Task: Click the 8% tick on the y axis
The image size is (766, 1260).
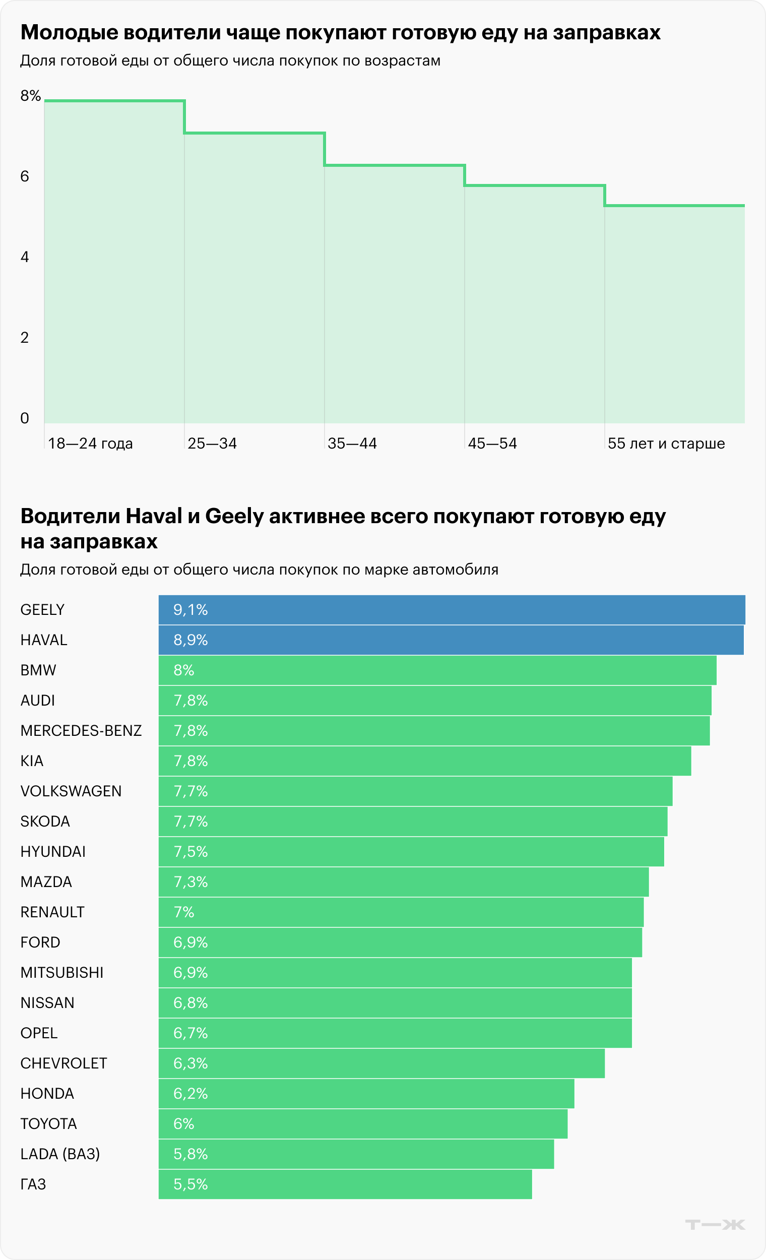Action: tap(30, 96)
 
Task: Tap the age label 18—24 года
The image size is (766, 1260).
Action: tap(90, 444)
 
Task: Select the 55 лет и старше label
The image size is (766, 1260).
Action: tap(666, 444)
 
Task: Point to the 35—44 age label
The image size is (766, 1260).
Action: tap(352, 444)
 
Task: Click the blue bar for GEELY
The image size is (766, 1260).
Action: tap(452, 609)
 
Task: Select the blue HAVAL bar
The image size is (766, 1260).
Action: tap(451, 640)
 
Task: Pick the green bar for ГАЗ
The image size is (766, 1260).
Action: tap(345, 1184)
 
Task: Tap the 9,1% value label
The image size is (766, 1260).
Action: tap(190, 609)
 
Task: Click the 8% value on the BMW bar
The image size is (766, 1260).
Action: tap(183, 670)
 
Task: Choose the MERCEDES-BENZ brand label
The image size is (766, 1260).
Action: tap(81, 730)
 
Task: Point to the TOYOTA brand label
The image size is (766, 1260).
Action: tap(48, 1123)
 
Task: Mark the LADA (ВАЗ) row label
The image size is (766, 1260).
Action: tap(60, 1154)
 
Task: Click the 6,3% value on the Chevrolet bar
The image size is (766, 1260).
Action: tap(190, 1063)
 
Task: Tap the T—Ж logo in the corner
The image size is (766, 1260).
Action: tap(715, 1224)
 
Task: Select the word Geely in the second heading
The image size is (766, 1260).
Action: tap(234, 516)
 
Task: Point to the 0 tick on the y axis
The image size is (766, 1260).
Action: tap(25, 418)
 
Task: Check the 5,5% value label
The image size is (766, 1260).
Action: tap(190, 1184)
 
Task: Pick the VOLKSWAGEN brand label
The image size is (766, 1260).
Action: tap(71, 791)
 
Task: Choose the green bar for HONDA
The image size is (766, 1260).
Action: tap(366, 1093)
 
